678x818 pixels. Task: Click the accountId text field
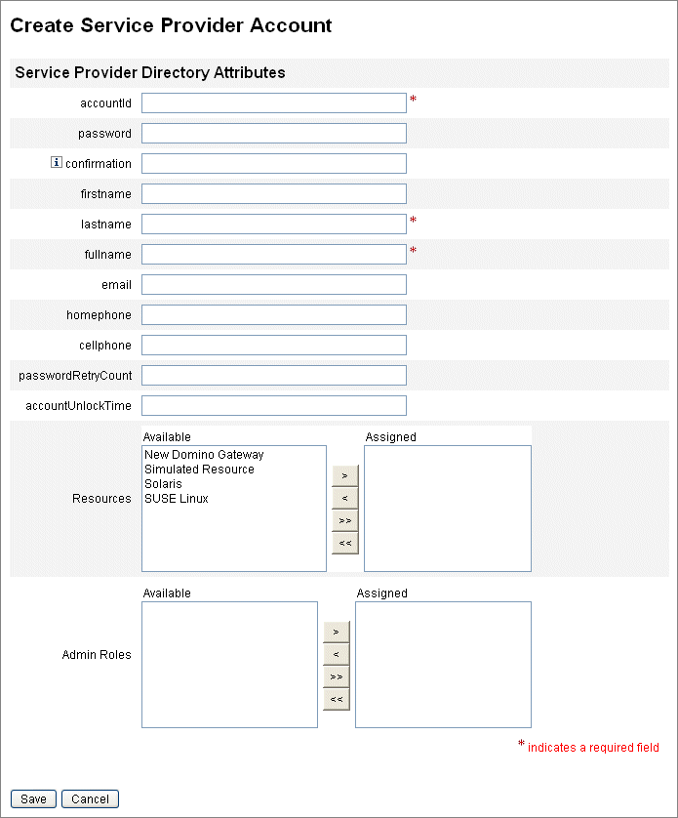(273, 102)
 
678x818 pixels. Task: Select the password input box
(273, 133)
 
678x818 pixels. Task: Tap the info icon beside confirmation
(56, 163)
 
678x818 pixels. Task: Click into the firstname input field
(273, 193)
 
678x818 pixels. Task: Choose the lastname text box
(273, 224)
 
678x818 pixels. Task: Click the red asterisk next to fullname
(413, 251)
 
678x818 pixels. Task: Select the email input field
(273, 284)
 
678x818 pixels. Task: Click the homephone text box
(273, 314)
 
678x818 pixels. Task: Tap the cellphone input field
(273, 345)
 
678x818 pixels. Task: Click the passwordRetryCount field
(273, 375)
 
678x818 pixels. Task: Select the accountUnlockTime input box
(273, 405)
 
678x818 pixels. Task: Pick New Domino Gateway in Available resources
(204, 455)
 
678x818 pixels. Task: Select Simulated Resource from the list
(199, 470)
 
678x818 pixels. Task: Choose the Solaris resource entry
(163, 484)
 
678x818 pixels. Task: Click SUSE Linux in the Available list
(177, 499)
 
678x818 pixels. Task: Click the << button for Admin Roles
(336, 699)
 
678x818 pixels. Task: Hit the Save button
(33, 798)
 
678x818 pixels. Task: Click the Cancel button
(90, 798)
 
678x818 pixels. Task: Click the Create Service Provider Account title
(171, 25)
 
